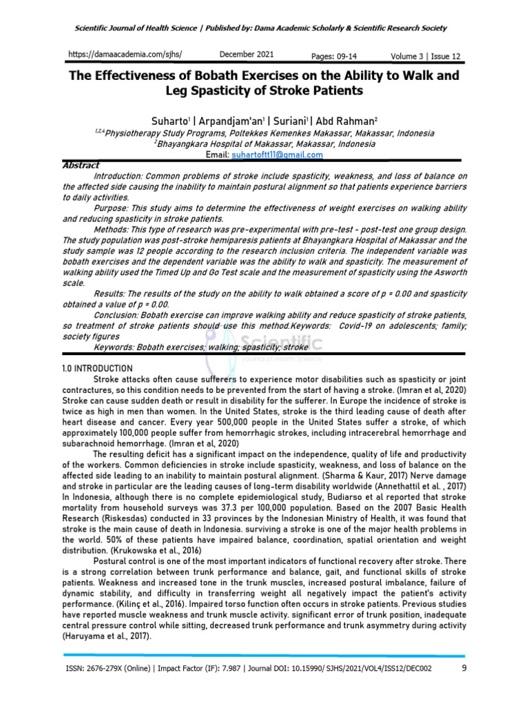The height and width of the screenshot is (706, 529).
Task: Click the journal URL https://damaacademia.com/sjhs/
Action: point(127,54)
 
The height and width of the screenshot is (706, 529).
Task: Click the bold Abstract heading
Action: point(81,165)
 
